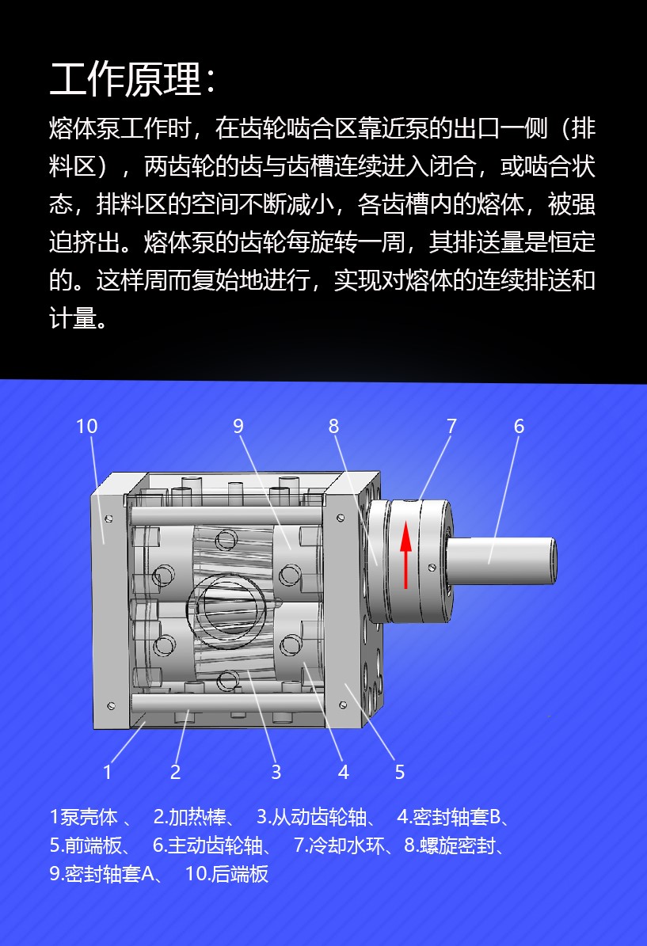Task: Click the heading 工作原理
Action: click(126, 79)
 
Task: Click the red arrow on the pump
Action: click(406, 554)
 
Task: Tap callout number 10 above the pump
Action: click(86, 427)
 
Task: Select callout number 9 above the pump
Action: click(238, 427)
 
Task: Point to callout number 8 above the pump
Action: click(333, 427)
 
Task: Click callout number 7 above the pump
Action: click(451, 427)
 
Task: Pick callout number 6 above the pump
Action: click(519, 427)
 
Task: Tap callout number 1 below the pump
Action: click(108, 772)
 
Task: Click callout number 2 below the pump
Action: click(175, 772)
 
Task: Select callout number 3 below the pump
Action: click(276, 772)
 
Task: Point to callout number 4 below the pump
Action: click(344, 772)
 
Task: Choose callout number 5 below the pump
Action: click(400, 772)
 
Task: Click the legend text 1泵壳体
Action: click(83, 817)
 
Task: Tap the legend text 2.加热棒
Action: click(189, 817)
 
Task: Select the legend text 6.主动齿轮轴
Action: click(207, 845)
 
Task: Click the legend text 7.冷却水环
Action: click(339, 845)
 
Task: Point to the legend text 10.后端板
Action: click(226, 874)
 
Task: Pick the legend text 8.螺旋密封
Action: click(449, 845)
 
